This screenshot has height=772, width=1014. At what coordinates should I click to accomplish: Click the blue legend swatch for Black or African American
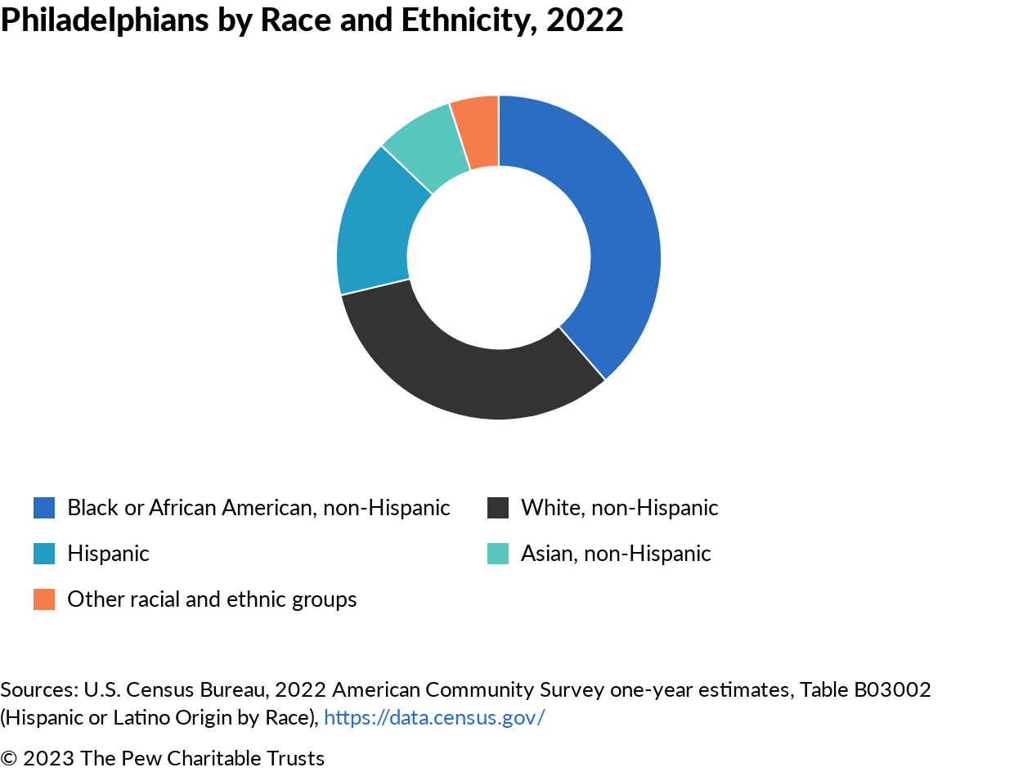44,508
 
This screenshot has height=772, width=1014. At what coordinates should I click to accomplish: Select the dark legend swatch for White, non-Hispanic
498,508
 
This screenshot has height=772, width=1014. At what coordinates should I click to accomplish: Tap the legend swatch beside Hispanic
44,554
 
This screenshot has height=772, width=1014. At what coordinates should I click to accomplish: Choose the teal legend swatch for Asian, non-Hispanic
498,554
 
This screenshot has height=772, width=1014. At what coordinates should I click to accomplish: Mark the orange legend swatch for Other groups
44,599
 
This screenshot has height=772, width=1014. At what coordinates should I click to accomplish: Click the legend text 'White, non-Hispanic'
619,508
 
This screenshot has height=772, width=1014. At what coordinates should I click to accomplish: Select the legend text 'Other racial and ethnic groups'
212,599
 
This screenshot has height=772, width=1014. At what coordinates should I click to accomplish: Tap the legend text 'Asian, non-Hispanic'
616,554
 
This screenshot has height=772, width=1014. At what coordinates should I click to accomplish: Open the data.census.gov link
434,717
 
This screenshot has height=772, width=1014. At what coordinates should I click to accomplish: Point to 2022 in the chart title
585,20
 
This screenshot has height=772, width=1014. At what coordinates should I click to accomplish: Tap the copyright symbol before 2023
9,758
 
